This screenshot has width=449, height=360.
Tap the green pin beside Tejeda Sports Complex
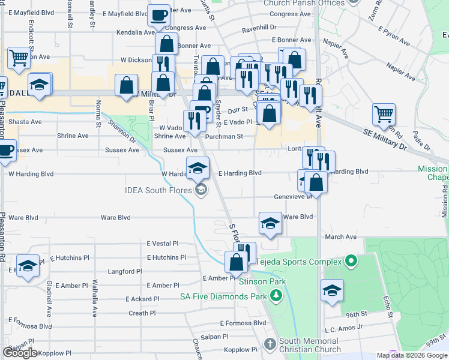coord(351,262)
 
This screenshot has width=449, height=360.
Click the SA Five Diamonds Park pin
coord(276,296)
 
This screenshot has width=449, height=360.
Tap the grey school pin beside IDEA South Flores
coord(201,191)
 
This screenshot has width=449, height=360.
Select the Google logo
coord(20,353)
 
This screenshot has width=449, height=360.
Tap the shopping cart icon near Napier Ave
coord(384,113)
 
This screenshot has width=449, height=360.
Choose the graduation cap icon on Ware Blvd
coord(270,223)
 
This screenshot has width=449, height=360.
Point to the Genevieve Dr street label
coord(292,196)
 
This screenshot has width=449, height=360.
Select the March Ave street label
coord(340,237)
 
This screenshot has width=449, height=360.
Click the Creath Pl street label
coord(142,313)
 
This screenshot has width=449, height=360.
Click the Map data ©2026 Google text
coord(412,355)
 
